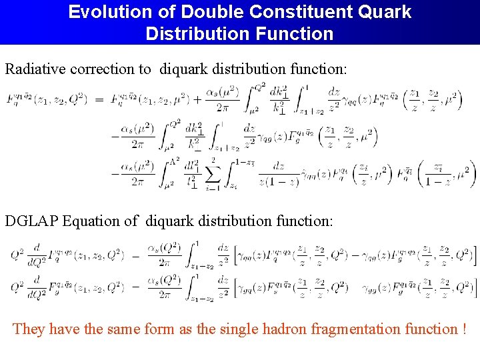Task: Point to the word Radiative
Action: click(x=37, y=69)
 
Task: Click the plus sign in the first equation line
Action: click(x=197, y=100)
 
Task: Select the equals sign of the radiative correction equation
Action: click(x=99, y=100)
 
